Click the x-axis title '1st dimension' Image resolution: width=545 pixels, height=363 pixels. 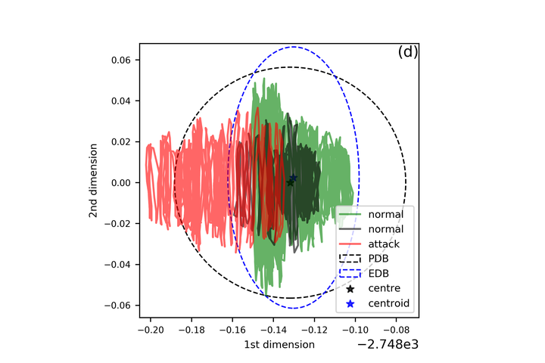click(279, 345)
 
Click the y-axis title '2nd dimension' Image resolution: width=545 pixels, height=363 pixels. click(93, 182)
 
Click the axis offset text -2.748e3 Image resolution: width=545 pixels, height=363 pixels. click(387, 345)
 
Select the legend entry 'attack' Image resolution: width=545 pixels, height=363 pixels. click(383, 244)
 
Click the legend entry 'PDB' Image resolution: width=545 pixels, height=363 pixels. click(378, 259)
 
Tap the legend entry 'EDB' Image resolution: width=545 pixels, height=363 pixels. click(378, 274)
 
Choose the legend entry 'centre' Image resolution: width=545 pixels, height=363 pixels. click(385, 289)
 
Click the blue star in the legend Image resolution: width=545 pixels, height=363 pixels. click(350, 304)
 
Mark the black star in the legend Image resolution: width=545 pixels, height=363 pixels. click(350, 289)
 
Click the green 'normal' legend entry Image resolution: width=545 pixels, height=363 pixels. click(386, 213)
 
